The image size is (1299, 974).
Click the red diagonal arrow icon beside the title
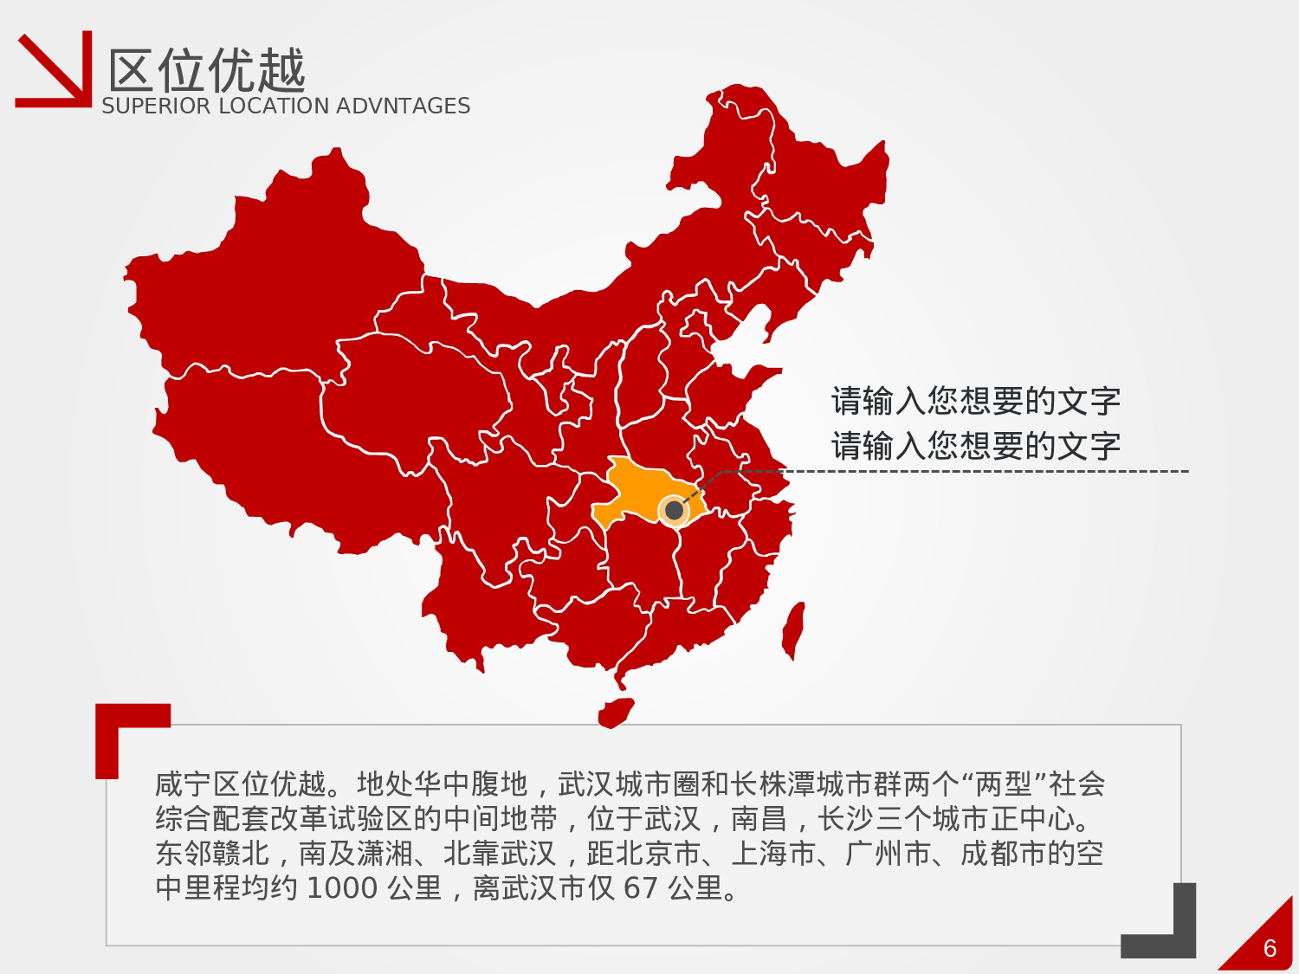click(x=54, y=71)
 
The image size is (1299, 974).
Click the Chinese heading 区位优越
click(x=206, y=71)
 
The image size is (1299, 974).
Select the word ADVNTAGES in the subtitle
click(x=403, y=106)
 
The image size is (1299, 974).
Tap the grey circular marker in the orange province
click(x=674, y=511)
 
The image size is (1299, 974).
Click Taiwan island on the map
click(x=793, y=630)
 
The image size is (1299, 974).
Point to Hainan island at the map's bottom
click(x=615, y=713)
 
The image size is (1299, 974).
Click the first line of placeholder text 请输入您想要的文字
click(x=976, y=402)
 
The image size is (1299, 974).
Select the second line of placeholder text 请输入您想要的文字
click(x=976, y=447)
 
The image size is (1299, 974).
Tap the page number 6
click(x=1270, y=949)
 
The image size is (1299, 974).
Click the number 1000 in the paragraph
click(x=342, y=888)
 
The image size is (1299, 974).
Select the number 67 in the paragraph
click(x=641, y=888)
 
